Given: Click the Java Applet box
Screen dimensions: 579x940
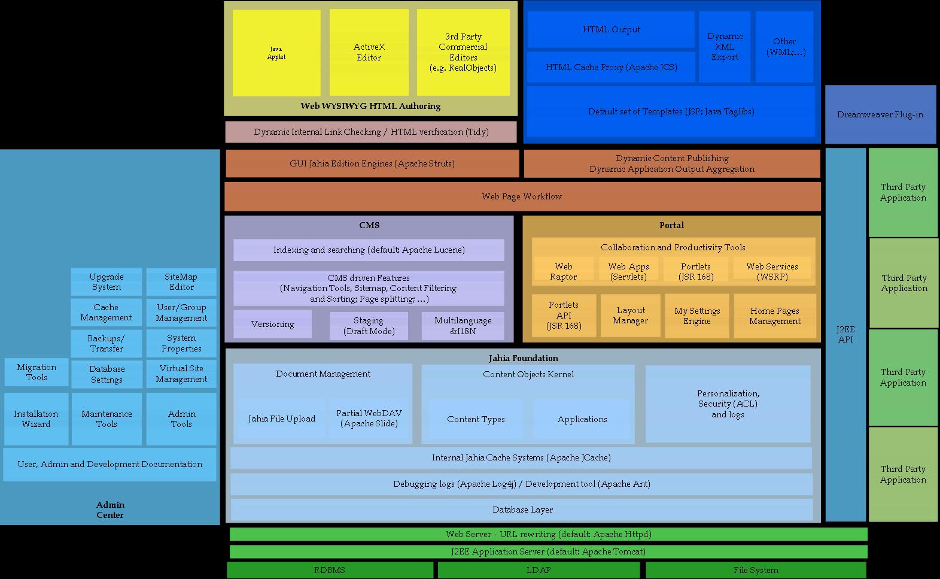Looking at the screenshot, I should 276,53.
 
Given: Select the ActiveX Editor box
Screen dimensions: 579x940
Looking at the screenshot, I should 369,53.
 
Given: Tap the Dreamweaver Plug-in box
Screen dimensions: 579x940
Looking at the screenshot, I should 880,114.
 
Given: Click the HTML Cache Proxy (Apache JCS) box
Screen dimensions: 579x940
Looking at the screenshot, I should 611,67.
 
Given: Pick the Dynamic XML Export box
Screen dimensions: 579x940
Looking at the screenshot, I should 725,47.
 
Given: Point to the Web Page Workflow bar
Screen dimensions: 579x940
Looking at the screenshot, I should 522,196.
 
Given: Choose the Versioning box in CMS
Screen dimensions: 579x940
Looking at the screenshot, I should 272,324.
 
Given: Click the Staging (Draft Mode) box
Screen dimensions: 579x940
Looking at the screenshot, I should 369,326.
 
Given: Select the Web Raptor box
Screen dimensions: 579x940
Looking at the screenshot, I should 563,271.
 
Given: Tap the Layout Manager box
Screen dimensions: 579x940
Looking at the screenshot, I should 630,316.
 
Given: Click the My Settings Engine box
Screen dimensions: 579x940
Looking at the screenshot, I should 696,316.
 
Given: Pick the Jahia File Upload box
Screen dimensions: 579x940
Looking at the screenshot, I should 281,419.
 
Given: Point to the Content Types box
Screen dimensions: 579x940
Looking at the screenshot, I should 476,419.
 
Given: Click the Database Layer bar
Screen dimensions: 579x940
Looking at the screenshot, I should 522,510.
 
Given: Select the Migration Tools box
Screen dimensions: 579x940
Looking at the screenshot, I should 36,372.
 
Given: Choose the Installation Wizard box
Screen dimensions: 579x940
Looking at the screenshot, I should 36,419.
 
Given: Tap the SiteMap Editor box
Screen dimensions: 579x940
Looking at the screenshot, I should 181,281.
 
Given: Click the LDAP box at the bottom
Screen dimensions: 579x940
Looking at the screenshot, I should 538,570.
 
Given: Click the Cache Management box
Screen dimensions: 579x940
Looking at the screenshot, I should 106,312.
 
